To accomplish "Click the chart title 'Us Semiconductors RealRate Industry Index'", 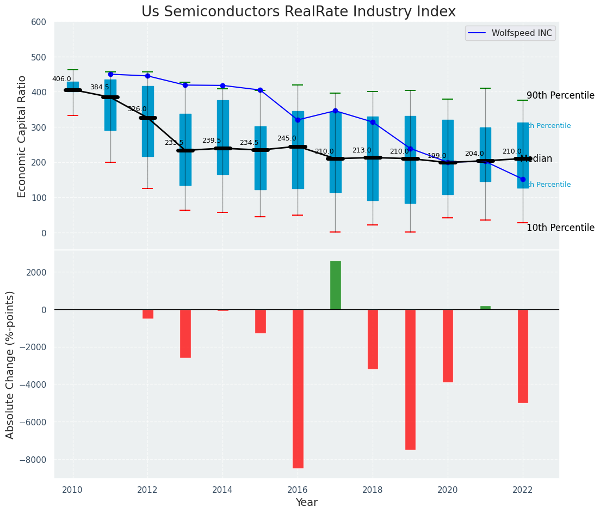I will tap(299, 12).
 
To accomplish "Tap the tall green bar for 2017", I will tap(335, 285).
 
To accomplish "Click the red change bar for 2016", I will tap(298, 388).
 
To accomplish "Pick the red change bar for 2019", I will tap(410, 379).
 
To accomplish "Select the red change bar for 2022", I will tap(523, 356).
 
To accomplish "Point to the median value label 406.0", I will tap(61, 80).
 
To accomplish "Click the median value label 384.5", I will tap(100, 88).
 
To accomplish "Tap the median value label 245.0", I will tap(287, 139).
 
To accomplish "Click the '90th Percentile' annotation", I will tap(560, 96).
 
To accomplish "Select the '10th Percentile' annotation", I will tap(560, 228).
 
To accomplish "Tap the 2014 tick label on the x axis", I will tap(222, 490).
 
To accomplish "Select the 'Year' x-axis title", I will tap(307, 503).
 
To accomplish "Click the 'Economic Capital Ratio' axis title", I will tap(22, 136).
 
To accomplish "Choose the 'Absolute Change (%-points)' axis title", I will tap(10, 364).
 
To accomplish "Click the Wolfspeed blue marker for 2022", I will tap(523, 179).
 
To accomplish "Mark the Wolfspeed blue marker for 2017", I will tap(335, 111).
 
